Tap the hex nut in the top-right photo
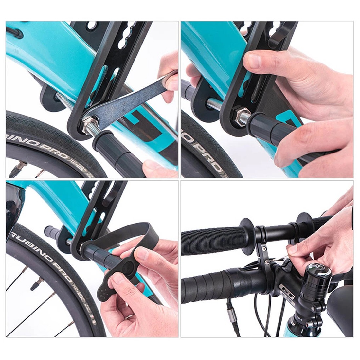[x=241, y=118]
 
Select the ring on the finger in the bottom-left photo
[x=129, y=317]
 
